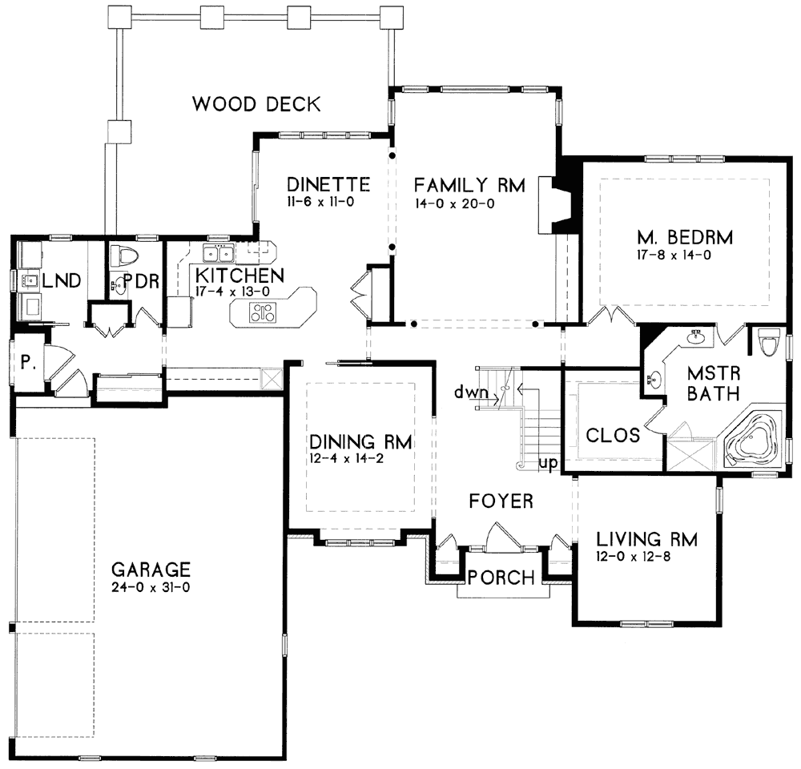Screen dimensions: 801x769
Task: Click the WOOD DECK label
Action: pyautogui.click(x=256, y=104)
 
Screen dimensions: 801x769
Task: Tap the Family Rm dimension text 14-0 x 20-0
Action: pyautogui.click(x=455, y=204)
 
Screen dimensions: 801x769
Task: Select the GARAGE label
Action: pyautogui.click(x=151, y=570)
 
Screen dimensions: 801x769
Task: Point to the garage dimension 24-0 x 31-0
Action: pyautogui.click(x=151, y=588)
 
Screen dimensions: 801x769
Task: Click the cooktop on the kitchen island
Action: pyautogui.click(x=263, y=312)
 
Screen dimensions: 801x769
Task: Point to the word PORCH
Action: pyautogui.click(x=501, y=578)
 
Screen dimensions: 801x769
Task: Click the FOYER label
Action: pyautogui.click(x=501, y=501)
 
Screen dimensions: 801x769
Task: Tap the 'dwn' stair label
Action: pyautogui.click(x=471, y=393)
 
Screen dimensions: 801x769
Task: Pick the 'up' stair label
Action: pyautogui.click(x=548, y=465)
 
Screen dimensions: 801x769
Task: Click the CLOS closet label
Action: pyautogui.click(x=613, y=435)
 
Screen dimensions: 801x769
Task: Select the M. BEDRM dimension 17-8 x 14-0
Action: pyautogui.click(x=674, y=255)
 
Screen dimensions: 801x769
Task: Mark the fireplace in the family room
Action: pyautogui.click(x=557, y=205)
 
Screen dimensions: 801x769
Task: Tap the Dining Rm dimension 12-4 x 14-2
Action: pyautogui.click(x=347, y=458)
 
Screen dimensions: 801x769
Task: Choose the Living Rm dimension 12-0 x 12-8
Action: pyautogui.click(x=634, y=557)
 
